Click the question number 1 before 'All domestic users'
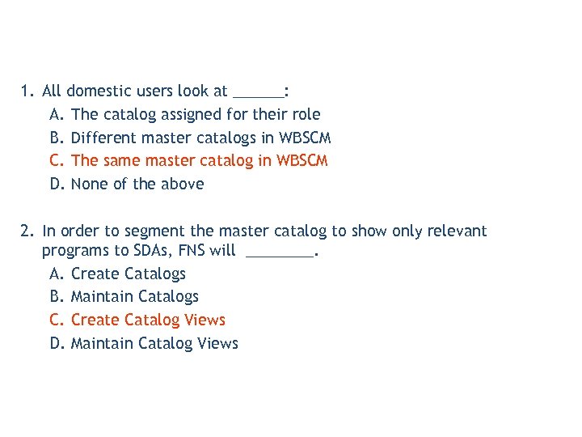[x=26, y=91]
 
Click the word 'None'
[x=89, y=184]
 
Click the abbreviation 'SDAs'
[x=150, y=251]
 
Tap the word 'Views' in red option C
[x=205, y=320]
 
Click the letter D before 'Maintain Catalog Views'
[x=56, y=343]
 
